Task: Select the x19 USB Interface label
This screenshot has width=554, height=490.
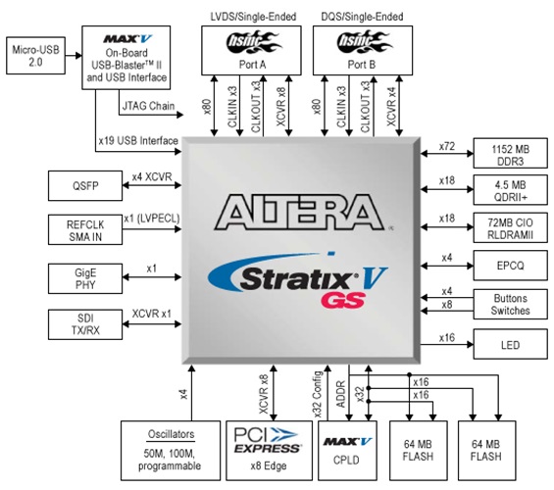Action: [x=137, y=141]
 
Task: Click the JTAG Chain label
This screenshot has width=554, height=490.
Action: [x=149, y=105]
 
